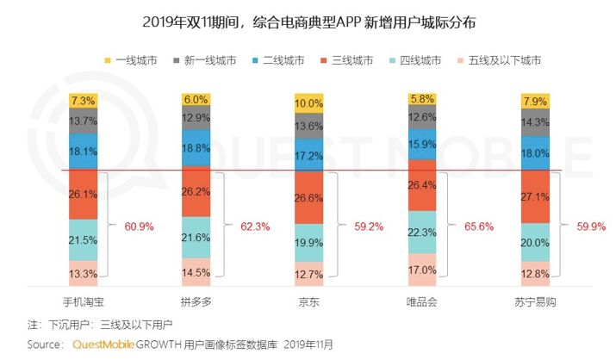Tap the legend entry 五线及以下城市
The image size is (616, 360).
501,60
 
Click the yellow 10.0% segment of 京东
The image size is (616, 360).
308,103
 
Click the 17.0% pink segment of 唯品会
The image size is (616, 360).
420,270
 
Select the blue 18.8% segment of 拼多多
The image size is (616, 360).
196,147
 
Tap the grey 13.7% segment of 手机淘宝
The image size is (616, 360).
84,121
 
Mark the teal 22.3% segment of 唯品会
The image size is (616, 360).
420,233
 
